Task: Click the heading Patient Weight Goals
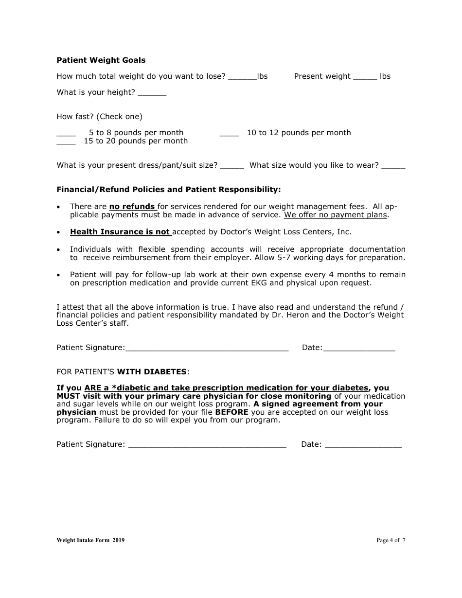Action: (x=101, y=60)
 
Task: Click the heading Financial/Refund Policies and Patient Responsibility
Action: (x=169, y=189)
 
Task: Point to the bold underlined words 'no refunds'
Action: (x=132, y=207)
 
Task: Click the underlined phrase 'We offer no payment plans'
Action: (x=336, y=215)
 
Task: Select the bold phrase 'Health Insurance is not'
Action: (x=120, y=232)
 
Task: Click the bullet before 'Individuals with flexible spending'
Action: (x=59, y=249)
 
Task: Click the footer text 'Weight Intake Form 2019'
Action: (x=90, y=540)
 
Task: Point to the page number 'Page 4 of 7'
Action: (x=391, y=540)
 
